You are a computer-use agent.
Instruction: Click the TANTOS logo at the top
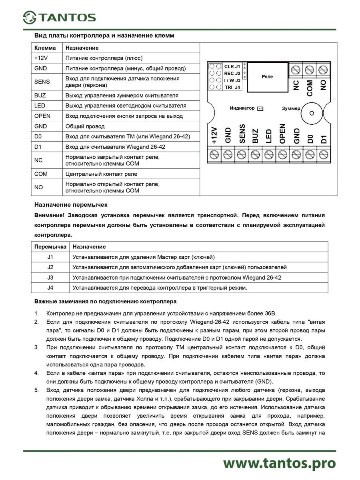click(x=59, y=17)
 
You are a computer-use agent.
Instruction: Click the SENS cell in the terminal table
click(x=42, y=82)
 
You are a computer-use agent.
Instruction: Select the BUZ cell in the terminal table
click(x=40, y=96)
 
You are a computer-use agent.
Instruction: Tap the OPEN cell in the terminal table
click(x=42, y=116)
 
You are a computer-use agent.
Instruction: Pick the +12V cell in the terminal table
click(x=41, y=58)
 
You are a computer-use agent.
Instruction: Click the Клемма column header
click(x=45, y=48)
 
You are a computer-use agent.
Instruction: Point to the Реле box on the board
click(x=267, y=76)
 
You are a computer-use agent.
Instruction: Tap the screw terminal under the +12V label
click(x=214, y=154)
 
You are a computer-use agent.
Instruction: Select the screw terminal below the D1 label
click(x=324, y=154)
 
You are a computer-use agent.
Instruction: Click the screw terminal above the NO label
click(x=323, y=69)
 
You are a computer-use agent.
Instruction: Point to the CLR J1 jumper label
click(x=232, y=66)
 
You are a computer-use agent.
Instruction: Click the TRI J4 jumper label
click(x=232, y=87)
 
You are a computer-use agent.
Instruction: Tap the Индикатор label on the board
click(x=242, y=108)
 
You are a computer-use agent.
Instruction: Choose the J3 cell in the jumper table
click(x=50, y=278)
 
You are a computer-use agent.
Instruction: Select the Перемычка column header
click(x=50, y=247)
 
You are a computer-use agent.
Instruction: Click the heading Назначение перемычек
click(x=66, y=205)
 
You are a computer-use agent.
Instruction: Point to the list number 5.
click(x=36, y=390)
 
